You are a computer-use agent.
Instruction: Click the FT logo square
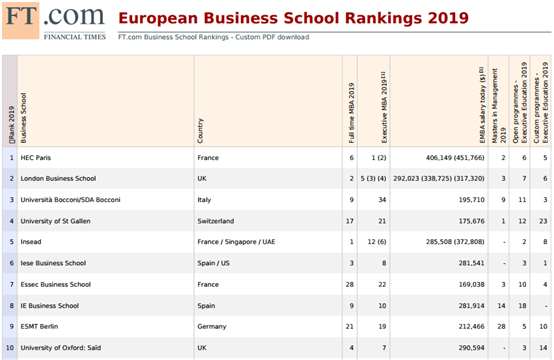click(20, 20)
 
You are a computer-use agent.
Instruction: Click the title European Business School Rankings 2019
click(293, 18)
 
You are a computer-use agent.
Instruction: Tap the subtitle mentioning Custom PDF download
click(213, 37)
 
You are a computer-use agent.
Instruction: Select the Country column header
click(200, 131)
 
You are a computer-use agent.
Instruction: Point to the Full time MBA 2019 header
click(351, 113)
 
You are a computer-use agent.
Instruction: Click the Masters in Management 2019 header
click(499, 106)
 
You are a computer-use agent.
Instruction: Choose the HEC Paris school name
click(36, 158)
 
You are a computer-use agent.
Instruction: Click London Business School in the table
click(58, 178)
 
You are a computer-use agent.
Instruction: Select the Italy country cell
click(204, 200)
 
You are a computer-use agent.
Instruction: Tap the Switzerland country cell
click(216, 221)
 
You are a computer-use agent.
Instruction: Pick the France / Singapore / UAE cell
click(236, 242)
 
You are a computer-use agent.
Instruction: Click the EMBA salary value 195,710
click(471, 200)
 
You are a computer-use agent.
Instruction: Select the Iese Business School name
click(53, 263)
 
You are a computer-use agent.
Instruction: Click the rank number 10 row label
click(10, 348)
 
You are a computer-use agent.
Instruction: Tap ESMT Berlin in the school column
click(39, 326)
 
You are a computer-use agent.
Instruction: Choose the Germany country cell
click(212, 326)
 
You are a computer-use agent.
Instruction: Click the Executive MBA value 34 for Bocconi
click(382, 200)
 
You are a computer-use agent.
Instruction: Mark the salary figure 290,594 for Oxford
click(471, 348)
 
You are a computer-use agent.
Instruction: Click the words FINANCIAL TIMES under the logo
click(75, 37)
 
